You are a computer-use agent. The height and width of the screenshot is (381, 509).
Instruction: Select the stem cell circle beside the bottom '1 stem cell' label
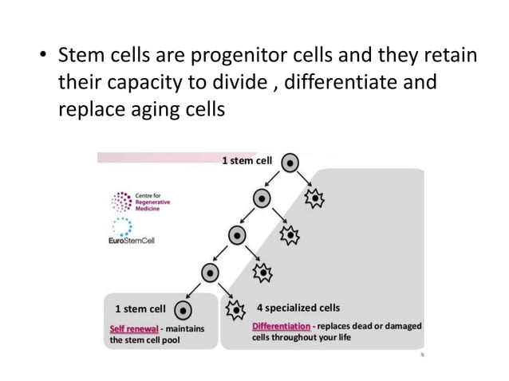(183, 308)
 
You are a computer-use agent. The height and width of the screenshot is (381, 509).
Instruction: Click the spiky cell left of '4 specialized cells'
(236, 308)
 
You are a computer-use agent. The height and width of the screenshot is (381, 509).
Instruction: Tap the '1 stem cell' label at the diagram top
(247, 161)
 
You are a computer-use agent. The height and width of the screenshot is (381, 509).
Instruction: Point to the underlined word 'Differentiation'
(280, 325)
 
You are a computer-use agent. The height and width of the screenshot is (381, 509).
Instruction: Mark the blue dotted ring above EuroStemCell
(122, 226)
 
